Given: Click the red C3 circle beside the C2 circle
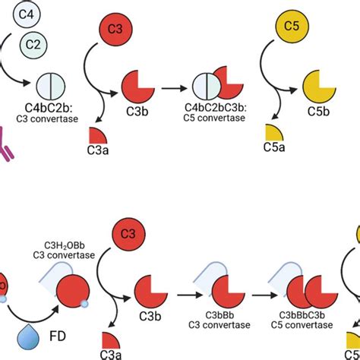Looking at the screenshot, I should point(115,29).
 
